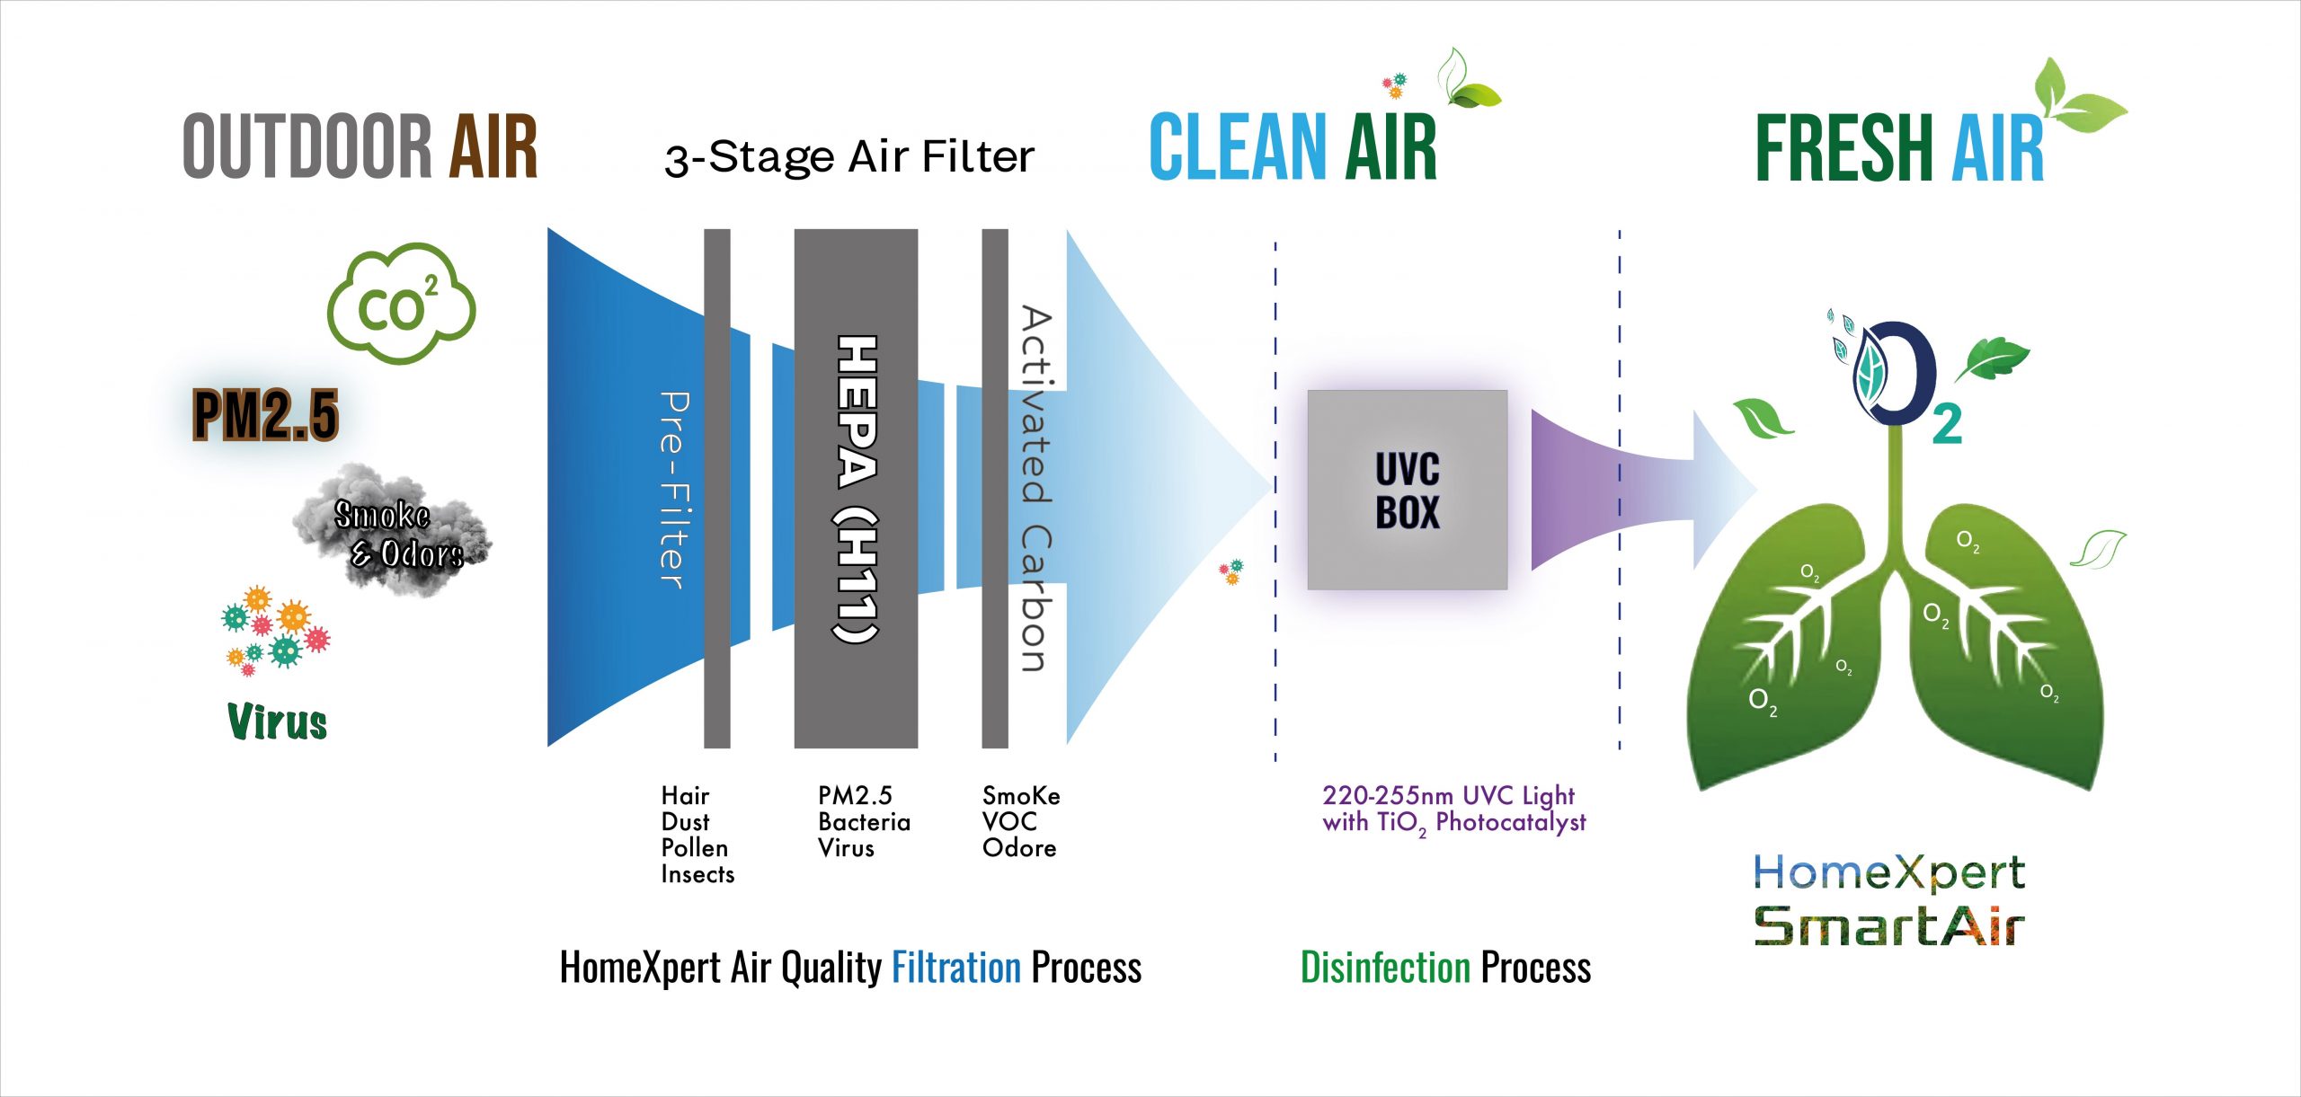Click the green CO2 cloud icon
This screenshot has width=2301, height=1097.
tap(401, 304)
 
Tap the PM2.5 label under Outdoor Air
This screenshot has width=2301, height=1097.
tap(266, 414)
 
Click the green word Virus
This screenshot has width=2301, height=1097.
tap(278, 721)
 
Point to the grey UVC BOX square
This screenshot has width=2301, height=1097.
tap(1408, 490)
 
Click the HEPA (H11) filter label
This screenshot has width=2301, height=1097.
tap(856, 489)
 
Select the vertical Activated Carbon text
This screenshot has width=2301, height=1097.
tap(1035, 489)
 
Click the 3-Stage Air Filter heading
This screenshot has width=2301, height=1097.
tap(849, 158)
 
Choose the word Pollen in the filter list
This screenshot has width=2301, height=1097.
tap(695, 847)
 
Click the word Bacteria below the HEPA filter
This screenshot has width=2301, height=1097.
tap(864, 822)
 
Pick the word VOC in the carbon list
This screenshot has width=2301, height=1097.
tap(1009, 821)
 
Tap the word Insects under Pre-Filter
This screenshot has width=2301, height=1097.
tap(697, 874)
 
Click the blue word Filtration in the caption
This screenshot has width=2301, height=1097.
tap(956, 968)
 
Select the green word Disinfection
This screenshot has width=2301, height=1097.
tap(1385, 968)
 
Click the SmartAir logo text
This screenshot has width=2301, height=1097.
tap(1889, 925)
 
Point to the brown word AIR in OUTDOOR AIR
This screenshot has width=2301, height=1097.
tap(493, 146)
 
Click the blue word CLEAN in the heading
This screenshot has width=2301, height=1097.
tap(1238, 146)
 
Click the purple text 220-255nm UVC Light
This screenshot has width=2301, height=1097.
tap(1448, 796)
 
